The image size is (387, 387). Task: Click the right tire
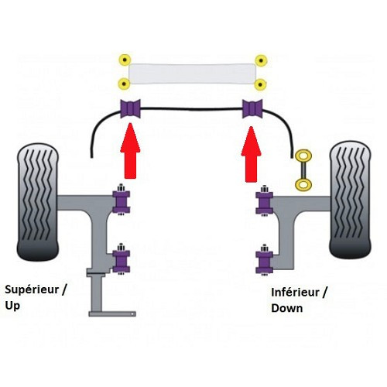click(351, 201)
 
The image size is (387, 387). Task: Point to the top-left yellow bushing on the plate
click(122, 60)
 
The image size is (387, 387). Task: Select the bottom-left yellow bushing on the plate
click(122, 84)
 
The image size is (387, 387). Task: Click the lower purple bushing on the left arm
click(122, 259)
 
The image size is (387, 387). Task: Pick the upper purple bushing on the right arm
click(263, 202)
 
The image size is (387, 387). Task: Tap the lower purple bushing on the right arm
click(263, 260)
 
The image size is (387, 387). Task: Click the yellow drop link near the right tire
click(303, 170)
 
